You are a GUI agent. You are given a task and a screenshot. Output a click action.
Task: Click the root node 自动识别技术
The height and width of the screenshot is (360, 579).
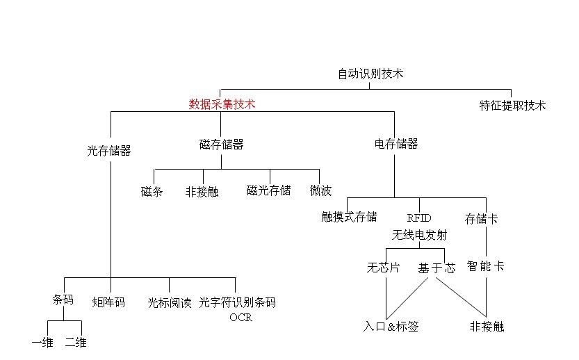pos(370,74)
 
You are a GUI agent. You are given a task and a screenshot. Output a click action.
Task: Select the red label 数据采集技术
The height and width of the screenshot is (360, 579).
pos(222,104)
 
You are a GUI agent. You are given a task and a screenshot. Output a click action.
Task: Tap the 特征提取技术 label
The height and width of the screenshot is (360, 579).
pos(512,106)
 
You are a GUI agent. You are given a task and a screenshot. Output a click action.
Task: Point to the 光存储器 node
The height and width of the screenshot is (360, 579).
pos(110,150)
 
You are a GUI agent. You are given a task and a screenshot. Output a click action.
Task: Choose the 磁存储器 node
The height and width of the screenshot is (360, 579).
pos(221,145)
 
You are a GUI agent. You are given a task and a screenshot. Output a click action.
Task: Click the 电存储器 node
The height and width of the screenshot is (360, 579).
pos(396,144)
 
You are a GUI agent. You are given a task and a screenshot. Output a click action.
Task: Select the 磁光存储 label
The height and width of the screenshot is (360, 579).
pos(268,190)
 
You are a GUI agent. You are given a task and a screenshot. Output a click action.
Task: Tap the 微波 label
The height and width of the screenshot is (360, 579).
pos(320,190)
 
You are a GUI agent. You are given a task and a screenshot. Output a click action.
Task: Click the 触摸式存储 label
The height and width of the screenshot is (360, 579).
pos(349,218)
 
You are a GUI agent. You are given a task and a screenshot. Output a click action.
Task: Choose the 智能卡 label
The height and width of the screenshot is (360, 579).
pos(485,265)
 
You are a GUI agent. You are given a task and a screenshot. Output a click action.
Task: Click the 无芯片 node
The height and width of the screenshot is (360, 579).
pos(383,268)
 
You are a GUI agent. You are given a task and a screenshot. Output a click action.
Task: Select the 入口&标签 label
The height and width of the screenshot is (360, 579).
pos(391,326)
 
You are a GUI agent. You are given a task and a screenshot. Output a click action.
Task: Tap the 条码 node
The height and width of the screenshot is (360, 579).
pos(63,300)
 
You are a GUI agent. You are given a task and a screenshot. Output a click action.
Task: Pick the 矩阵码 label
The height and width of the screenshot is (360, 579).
pos(108,302)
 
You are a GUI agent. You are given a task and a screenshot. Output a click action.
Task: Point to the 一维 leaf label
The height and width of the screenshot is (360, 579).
pos(42,343)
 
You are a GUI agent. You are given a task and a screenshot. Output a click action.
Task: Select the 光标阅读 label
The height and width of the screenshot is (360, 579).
pos(169,303)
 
